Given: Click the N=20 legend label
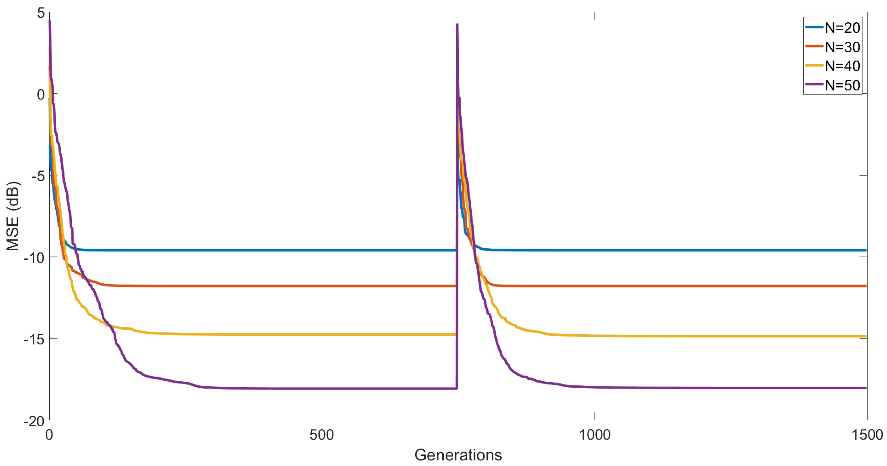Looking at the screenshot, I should pos(842,28).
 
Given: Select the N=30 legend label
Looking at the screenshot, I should pos(842,47).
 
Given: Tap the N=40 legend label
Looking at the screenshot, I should pos(842,66).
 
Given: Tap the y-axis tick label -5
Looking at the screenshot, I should pos(38,176).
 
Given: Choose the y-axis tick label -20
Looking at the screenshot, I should pos(34,421).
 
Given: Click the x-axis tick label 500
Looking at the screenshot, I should pos(322,435).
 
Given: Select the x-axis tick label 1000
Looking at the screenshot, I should pos(594,435).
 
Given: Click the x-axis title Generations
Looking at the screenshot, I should pos(458,455).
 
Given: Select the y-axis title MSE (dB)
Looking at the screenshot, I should pos(13,216).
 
